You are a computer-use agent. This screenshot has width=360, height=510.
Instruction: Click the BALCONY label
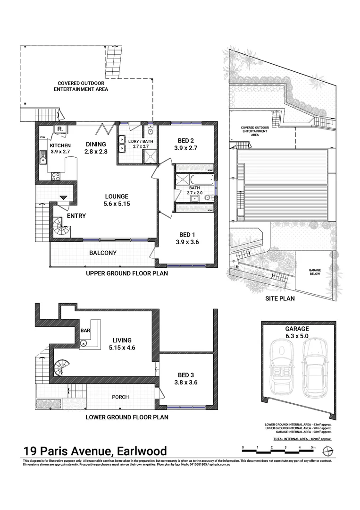103,253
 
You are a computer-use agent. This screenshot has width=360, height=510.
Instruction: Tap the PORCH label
120,397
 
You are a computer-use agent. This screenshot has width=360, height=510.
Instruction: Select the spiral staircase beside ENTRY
61,227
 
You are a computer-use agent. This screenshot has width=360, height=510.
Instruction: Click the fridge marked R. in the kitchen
60,129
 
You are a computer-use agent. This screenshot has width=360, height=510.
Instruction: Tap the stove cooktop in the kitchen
55,176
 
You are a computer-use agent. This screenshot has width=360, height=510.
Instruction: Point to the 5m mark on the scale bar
313,447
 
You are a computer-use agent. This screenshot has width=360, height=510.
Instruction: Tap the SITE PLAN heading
281,298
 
